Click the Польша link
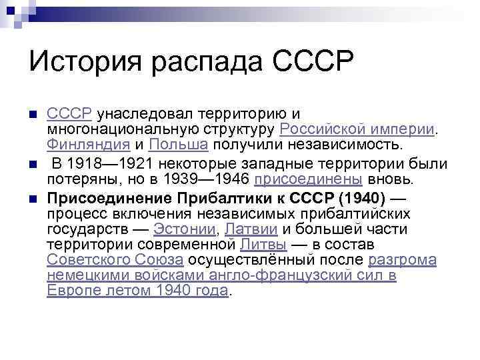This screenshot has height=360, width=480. tap(179, 145)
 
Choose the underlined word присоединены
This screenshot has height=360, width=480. tap(309, 179)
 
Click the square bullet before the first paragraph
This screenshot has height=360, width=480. tap(33, 114)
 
